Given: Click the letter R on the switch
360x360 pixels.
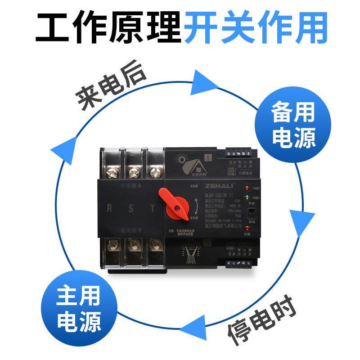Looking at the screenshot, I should (x=110, y=208).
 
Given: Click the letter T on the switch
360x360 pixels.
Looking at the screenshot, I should (x=153, y=208).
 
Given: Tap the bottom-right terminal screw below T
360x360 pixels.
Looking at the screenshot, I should (x=155, y=245).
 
